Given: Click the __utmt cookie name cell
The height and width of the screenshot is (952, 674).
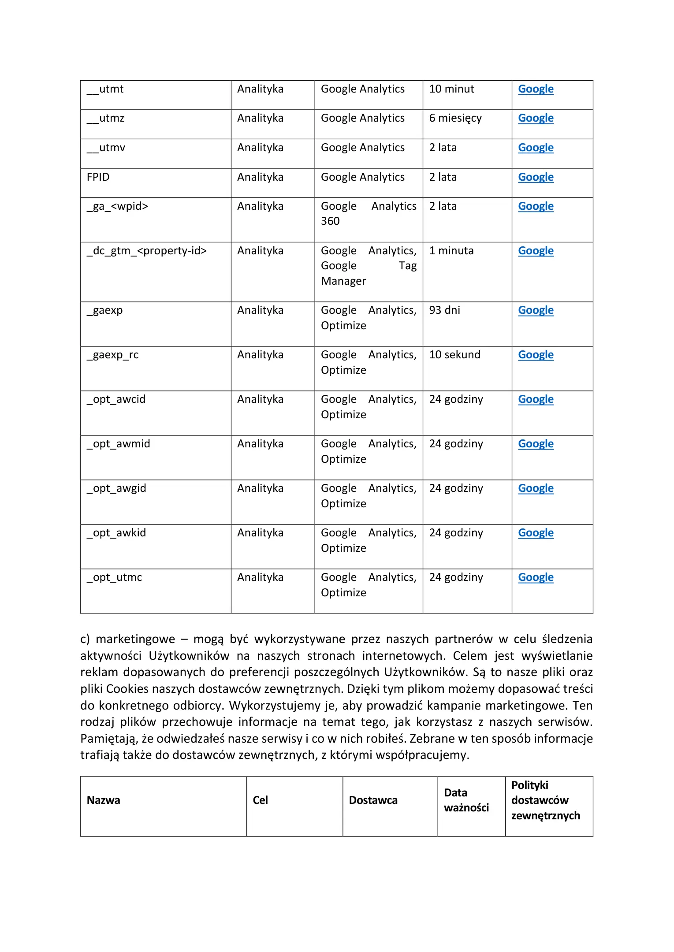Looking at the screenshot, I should [105, 89].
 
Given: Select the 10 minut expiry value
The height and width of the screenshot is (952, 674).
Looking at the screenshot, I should [451, 89].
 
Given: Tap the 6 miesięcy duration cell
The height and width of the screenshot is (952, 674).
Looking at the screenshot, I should [455, 118].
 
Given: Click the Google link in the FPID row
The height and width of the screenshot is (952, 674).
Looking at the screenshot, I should [536, 177].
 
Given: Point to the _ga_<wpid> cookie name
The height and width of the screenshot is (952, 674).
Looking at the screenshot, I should [117, 206].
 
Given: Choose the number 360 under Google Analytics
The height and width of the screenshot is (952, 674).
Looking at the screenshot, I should [330, 221].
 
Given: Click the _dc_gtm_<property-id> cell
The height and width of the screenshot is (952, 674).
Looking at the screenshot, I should [147, 251].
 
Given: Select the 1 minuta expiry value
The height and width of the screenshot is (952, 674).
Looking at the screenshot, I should [451, 251].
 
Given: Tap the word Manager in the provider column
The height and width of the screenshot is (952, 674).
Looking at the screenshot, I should [343, 281].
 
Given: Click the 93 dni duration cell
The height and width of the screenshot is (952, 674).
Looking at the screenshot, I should [444, 310].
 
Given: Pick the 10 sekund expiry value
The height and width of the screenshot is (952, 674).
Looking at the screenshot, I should [454, 355].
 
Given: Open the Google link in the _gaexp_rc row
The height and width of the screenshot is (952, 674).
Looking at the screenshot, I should [536, 355].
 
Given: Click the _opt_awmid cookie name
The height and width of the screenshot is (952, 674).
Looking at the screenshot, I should [119, 444].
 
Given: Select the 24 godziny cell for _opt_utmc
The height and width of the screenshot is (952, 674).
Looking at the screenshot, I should [456, 577].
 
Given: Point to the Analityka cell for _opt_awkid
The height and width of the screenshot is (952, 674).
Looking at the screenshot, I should [260, 533].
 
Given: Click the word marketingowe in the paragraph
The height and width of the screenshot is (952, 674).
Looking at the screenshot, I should [135, 639].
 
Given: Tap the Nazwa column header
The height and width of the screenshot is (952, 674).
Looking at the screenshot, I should [104, 800].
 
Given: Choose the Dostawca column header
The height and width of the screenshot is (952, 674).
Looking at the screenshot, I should [373, 800].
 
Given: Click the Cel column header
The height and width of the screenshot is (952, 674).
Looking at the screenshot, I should [260, 800].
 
